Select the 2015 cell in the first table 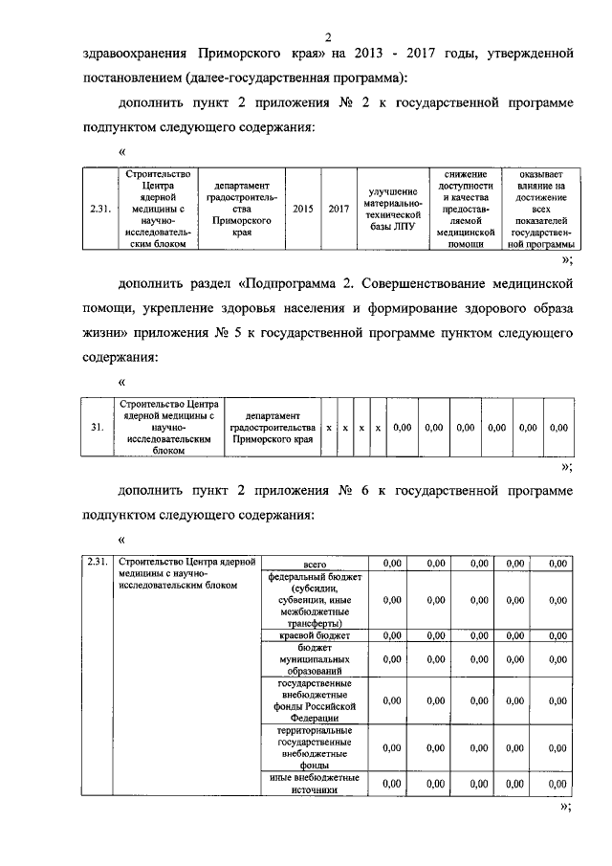click(x=302, y=209)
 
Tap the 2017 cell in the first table click(x=338, y=209)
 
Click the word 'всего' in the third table click(x=315, y=564)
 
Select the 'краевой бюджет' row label click(x=315, y=634)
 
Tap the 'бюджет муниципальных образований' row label click(x=315, y=659)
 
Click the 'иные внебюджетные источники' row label click(x=315, y=784)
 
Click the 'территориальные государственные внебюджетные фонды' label click(x=315, y=747)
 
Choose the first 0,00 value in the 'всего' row click(x=391, y=564)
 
